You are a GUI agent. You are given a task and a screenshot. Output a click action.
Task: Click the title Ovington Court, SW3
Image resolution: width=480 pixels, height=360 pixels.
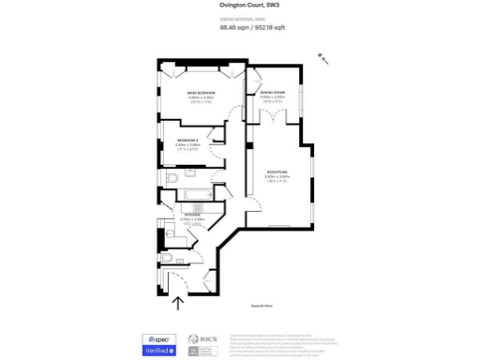coord(239,5)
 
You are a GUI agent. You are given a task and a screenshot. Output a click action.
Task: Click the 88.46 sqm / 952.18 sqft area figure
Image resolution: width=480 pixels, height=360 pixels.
coord(240,27)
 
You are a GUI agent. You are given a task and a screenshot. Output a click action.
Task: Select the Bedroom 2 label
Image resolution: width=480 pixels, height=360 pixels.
coord(188,142)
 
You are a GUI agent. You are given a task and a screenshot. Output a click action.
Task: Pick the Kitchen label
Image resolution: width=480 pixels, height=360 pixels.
coord(192,217)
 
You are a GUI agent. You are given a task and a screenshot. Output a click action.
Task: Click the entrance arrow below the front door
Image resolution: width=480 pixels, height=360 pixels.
coord(178,301)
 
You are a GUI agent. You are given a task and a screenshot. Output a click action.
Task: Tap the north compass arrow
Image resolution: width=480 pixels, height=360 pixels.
coord(323,59)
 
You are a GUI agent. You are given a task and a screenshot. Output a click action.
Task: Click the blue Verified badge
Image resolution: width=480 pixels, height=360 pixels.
coord(158,350)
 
